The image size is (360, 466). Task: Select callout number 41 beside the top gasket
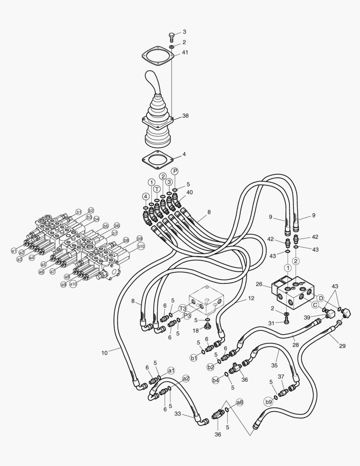[185, 52]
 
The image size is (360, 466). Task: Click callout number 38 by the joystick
[185, 116]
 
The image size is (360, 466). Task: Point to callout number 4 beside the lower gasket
[184, 154]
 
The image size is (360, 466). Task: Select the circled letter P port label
[175, 171]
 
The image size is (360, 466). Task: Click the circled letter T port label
[157, 189]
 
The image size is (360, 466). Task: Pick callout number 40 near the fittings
[190, 192]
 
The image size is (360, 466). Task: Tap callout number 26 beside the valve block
[259, 284]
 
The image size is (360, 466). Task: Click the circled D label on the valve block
[320, 298]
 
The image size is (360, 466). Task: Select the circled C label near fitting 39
[315, 305]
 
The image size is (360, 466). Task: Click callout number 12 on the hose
[251, 298]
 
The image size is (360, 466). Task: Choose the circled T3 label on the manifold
[183, 309]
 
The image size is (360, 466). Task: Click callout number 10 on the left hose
[104, 353]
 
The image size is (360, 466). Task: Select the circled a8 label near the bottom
[240, 402]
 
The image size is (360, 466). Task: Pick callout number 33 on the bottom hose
[177, 413]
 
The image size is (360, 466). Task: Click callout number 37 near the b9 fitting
[281, 377]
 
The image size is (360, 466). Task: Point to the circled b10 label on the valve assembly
[141, 246]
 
